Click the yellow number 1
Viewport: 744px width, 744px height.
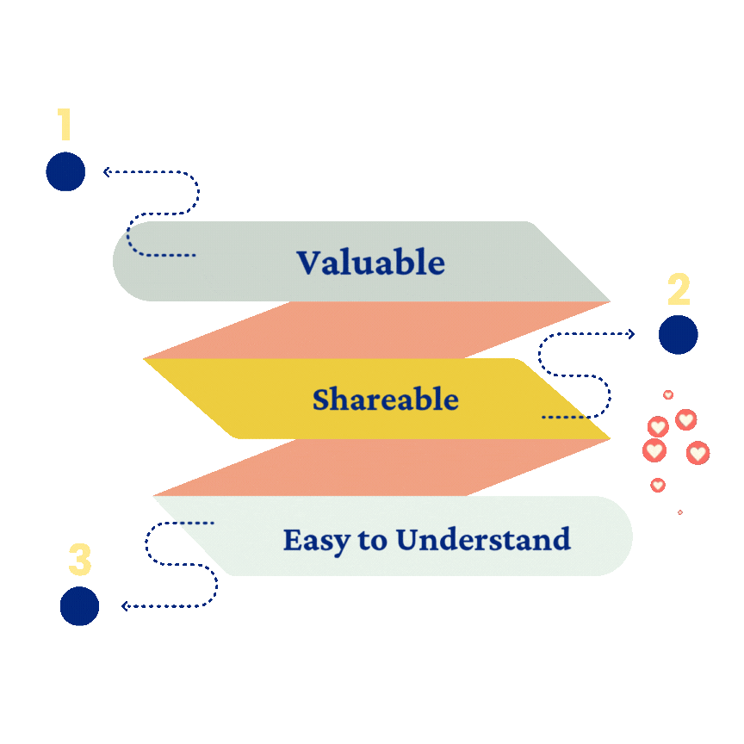tap(65, 125)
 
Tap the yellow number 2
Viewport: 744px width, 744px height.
tap(679, 290)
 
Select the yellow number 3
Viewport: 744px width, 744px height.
tap(79, 560)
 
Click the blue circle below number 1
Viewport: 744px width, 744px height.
tap(65, 171)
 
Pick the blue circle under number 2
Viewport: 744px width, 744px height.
tap(678, 334)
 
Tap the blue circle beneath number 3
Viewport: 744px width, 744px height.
tap(79, 606)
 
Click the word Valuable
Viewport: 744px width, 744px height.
tap(370, 263)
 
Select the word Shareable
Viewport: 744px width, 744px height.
tap(385, 400)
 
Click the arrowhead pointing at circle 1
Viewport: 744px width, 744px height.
tap(107, 172)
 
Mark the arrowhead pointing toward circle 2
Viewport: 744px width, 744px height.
tap(631, 334)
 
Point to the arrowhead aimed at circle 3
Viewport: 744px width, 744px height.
tap(125, 606)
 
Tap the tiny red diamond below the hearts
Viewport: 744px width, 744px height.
tap(680, 512)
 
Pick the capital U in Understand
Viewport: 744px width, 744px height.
tap(407, 540)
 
